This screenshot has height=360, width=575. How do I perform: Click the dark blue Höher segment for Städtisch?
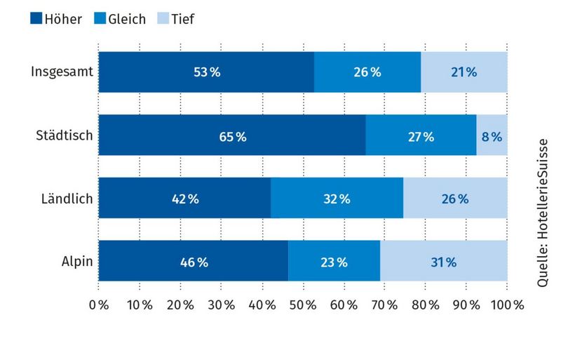(x=231, y=135)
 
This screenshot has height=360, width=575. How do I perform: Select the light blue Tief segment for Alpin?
(x=443, y=262)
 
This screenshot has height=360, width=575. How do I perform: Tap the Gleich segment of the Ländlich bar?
(x=337, y=199)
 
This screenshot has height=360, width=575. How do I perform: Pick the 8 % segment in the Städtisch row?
(x=492, y=135)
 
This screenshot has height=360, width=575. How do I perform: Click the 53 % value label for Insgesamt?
(x=207, y=72)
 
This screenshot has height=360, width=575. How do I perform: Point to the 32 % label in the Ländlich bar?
(x=336, y=199)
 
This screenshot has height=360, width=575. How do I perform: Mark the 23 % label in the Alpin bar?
(x=333, y=262)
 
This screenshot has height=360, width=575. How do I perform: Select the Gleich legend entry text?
(x=126, y=19)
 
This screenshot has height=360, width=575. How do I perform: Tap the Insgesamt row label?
(x=62, y=72)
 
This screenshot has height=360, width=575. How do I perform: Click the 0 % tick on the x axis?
(x=99, y=305)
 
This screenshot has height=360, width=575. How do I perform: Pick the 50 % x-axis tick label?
(x=303, y=305)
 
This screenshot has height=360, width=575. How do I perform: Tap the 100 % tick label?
(x=507, y=305)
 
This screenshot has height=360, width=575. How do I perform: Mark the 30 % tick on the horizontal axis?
(x=221, y=305)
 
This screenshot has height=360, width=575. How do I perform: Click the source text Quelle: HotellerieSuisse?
(x=543, y=211)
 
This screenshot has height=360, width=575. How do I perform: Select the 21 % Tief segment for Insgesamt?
(x=464, y=72)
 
